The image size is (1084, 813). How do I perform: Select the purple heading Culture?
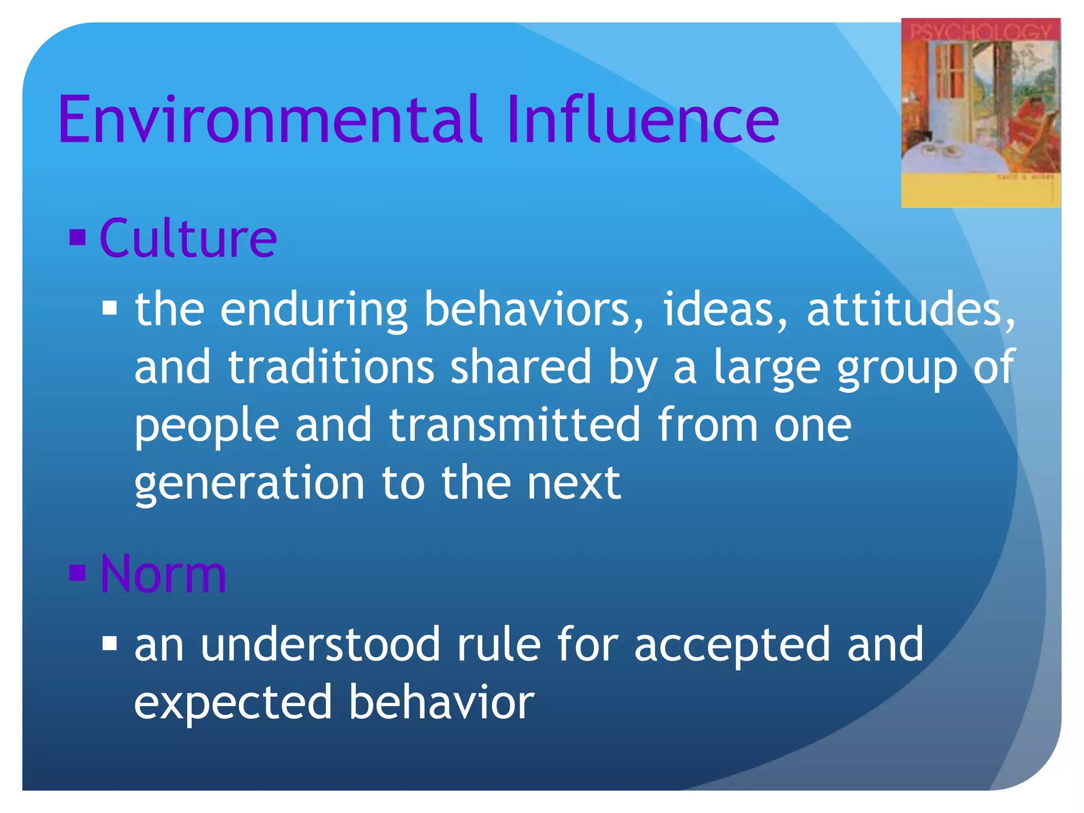(188, 239)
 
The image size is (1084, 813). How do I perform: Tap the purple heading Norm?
(164, 574)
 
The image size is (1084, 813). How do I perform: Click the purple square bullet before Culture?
(78, 238)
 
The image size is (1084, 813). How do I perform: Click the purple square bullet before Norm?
(78, 572)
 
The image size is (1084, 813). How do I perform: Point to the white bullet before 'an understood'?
(110, 643)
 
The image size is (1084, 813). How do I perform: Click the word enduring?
(313, 310)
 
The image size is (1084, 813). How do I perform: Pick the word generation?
(249, 484)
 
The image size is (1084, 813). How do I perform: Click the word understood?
(320, 644)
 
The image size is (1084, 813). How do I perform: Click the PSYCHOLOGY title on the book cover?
(980, 32)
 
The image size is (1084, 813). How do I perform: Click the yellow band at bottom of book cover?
(980, 193)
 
